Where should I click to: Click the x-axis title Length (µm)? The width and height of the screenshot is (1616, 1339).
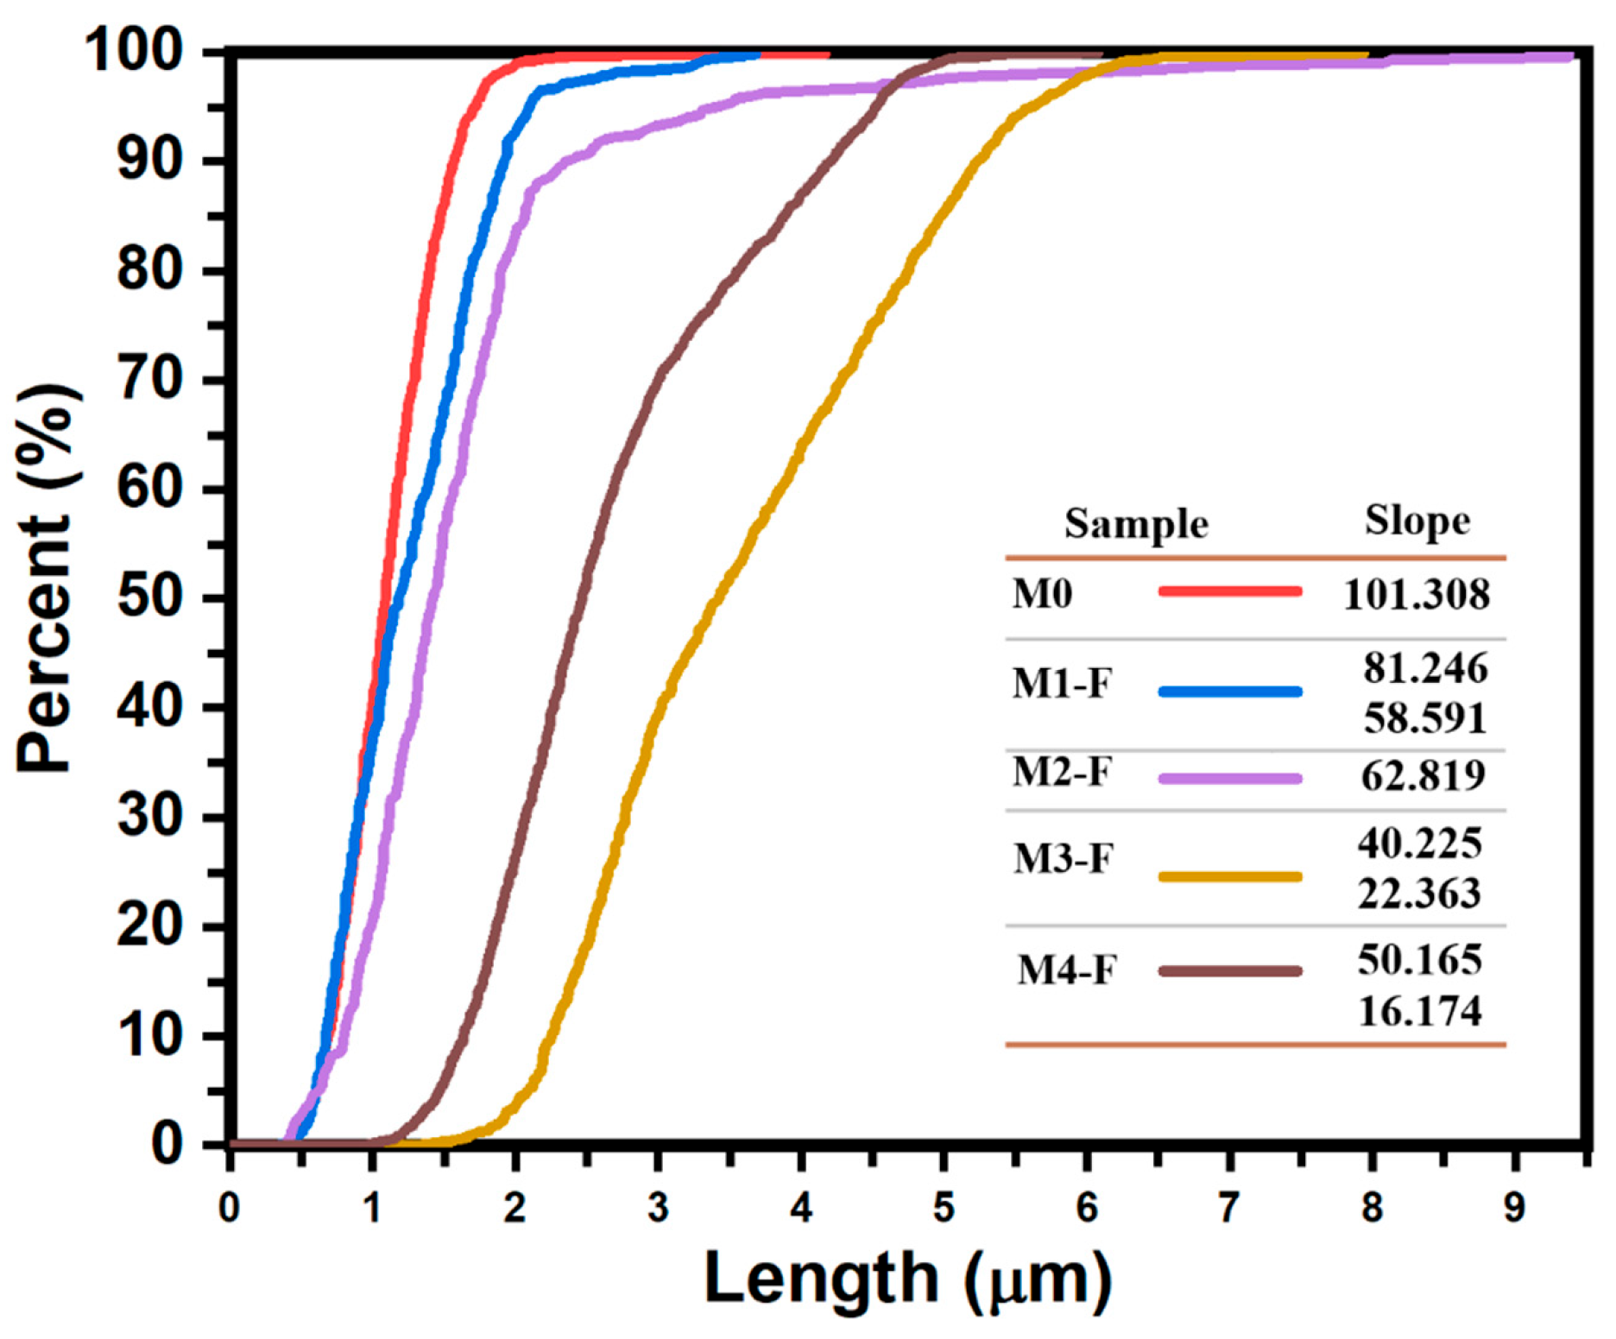click(906, 1278)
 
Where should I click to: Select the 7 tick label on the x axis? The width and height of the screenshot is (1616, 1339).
click(1228, 1208)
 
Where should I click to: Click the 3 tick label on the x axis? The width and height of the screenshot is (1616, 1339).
click(658, 1208)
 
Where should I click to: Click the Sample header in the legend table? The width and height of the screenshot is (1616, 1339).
click(1135, 523)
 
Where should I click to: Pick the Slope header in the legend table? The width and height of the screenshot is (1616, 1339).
click(1417, 521)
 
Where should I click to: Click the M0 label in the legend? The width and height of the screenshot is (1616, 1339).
click(1042, 594)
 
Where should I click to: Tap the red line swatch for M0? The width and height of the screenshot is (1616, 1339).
click(1229, 591)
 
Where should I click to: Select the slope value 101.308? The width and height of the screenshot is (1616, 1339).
click(1416, 595)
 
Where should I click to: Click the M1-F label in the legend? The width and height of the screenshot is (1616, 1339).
click(1061, 684)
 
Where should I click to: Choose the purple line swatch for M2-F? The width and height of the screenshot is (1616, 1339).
click(1229, 779)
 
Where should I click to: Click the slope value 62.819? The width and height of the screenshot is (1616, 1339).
click(1423, 775)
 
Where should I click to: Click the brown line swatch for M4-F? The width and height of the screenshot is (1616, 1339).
click(1229, 971)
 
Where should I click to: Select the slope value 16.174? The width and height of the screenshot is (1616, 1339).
click(1420, 1011)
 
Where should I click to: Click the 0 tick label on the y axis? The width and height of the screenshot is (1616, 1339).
click(167, 1144)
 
